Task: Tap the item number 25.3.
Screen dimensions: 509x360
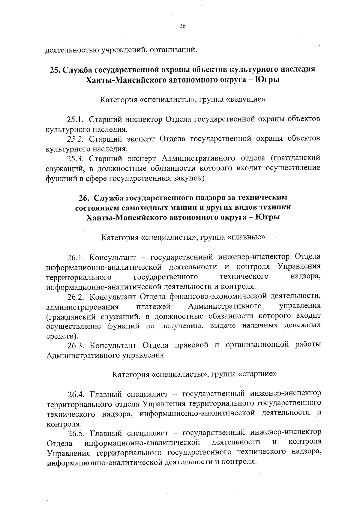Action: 76,158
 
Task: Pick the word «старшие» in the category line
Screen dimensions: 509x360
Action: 257,374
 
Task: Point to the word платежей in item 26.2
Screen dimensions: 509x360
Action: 153,307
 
